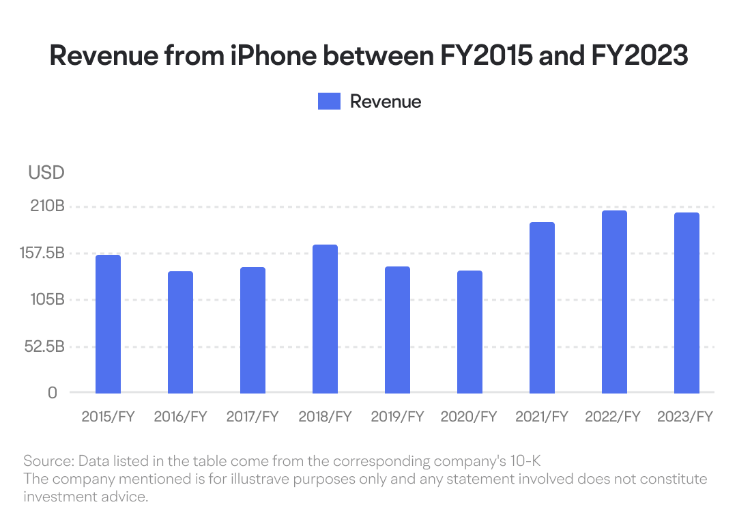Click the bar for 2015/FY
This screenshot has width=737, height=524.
pyautogui.click(x=108, y=324)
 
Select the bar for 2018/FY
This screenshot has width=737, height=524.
pyautogui.click(x=326, y=319)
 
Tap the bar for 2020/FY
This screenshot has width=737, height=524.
pyautogui.click(x=470, y=332)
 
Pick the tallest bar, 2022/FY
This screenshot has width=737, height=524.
pyautogui.click(x=614, y=302)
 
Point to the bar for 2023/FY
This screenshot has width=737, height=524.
pyautogui.click(x=687, y=303)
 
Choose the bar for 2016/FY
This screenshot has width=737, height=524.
pyautogui.click(x=180, y=333)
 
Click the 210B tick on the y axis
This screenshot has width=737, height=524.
pyautogui.click(x=48, y=206)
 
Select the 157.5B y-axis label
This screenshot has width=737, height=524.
pyautogui.click(x=42, y=253)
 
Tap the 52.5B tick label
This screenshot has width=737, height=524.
pyautogui.click(x=44, y=346)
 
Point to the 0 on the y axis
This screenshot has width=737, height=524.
pyautogui.click(x=53, y=393)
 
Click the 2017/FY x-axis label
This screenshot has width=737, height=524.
pyautogui.click(x=252, y=417)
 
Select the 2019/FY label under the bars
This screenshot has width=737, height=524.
pyautogui.click(x=397, y=417)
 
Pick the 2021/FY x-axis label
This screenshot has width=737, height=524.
pyautogui.click(x=541, y=417)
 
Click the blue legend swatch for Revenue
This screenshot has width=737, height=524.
pyautogui.click(x=329, y=102)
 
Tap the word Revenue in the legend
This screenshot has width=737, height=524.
pyautogui.click(x=386, y=102)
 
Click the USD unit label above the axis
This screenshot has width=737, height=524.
pyautogui.click(x=46, y=173)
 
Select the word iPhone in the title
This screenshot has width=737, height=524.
pyautogui.click(x=274, y=55)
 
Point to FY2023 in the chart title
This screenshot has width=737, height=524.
pyautogui.click(x=639, y=55)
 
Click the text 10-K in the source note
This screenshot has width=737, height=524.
pyautogui.click(x=525, y=461)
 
